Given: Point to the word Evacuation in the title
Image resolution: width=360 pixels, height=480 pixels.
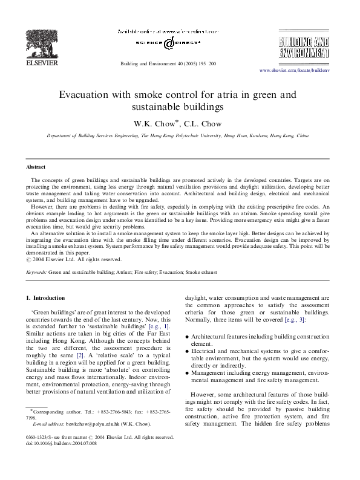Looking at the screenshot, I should (85, 95).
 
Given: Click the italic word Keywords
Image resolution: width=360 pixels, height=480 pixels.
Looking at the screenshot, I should (36, 273).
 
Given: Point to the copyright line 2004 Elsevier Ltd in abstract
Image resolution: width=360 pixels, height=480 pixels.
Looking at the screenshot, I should (68, 261).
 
